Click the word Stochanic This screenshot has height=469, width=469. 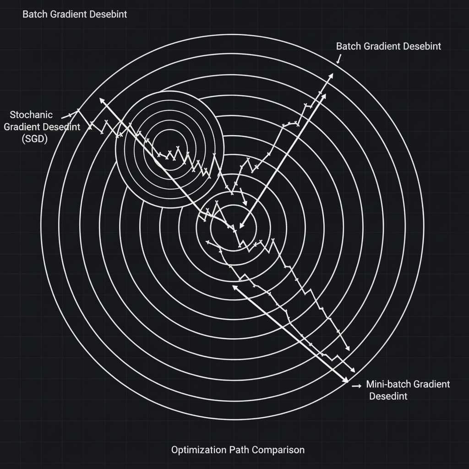[x=31, y=115]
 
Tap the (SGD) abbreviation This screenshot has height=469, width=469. [x=35, y=139]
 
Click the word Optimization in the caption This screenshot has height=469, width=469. [x=199, y=450]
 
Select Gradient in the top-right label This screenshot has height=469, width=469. [x=382, y=46]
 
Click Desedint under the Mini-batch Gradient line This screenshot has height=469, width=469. [x=388, y=396]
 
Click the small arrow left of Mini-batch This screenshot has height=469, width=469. [x=356, y=386]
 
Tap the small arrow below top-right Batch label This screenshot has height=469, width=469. [x=339, y=59]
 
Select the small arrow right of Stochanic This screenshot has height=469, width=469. [x=66, y=116]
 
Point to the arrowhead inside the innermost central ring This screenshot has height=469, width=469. [x=242, y=225]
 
